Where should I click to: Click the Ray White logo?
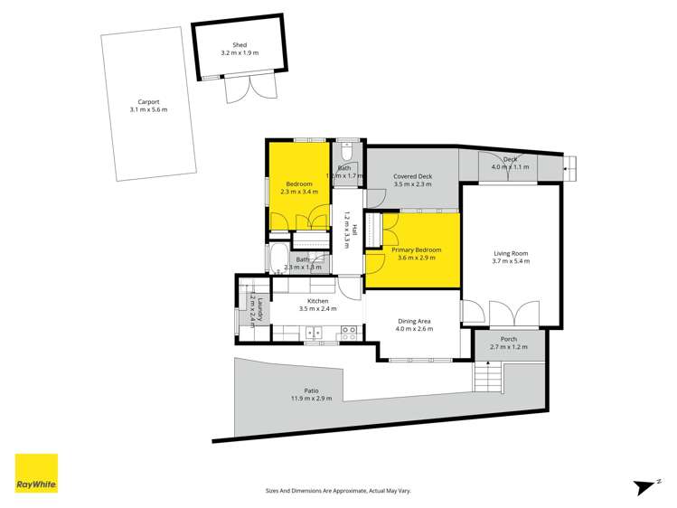(x=35, y=475)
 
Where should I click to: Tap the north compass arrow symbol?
(x=644, y=486)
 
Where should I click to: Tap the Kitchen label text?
(x=317, y=300)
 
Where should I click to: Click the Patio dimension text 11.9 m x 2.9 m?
(x=311, y=398)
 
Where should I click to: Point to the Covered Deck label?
(x=413, y=176)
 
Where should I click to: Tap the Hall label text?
(x=354, y=230)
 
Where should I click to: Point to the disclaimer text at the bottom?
(x=338, y=490)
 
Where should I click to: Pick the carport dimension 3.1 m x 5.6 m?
(x=149, y=110)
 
